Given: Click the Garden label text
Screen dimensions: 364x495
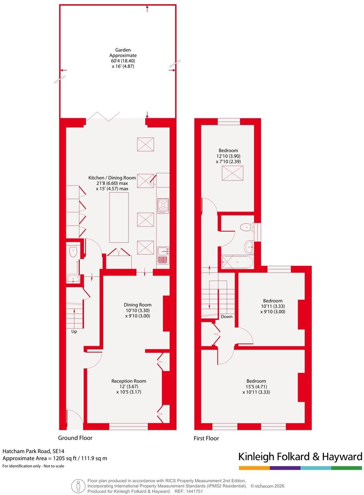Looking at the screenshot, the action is tap(123, 50).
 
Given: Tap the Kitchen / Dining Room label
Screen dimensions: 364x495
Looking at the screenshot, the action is tap(112, 178).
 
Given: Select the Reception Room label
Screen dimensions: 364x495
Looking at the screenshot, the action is tap(129, 381).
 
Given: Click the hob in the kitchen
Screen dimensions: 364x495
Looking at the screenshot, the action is tap(163, 206).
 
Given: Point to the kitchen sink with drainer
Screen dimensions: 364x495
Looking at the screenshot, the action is tap(163, 255).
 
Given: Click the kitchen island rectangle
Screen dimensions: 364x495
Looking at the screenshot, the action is tap(119, 217).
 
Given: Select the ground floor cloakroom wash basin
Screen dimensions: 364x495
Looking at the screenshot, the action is tap(74, 279).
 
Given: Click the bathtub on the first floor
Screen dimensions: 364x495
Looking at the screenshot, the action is tap(237, 262).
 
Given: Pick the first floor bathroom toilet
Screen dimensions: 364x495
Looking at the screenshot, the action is tap(246, 227).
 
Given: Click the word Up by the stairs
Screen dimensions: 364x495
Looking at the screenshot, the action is tap(74, 332).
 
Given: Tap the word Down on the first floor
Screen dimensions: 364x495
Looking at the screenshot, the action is tap(227, 316).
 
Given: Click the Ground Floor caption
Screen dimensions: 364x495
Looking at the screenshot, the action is tap(75, 438).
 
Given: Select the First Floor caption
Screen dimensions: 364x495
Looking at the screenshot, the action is tap(206, 438).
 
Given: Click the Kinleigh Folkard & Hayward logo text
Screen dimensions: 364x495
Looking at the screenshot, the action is tap(300, 457).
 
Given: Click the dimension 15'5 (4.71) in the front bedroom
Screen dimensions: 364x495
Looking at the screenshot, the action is tap(256, 386).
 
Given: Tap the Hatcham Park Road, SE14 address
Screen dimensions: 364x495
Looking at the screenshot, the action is tap(33, 452).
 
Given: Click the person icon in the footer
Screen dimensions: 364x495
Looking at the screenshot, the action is tap(78, 486).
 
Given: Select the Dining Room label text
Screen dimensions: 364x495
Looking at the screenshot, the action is tap(137, 305).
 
